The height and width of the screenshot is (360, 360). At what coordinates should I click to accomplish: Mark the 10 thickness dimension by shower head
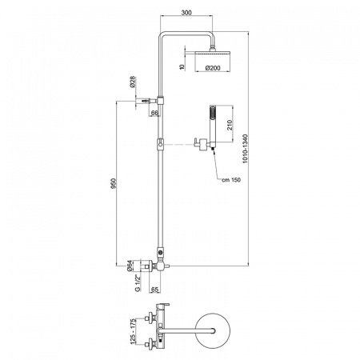click(183, 66)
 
